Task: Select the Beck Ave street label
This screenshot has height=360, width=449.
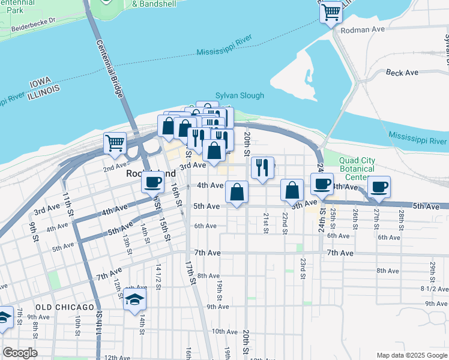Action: point(402,73)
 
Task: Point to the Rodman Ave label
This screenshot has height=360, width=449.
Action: point(361,29)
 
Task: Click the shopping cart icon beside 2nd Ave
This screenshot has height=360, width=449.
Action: point(115,143)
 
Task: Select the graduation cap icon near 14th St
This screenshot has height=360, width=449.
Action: point(134,299)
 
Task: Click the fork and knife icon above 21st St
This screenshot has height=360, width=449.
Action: point(262,167)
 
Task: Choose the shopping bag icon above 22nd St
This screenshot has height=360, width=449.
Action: point(291,190)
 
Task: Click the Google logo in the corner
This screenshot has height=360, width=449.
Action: point(20,353)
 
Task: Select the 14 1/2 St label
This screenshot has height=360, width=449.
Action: point(158,277)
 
